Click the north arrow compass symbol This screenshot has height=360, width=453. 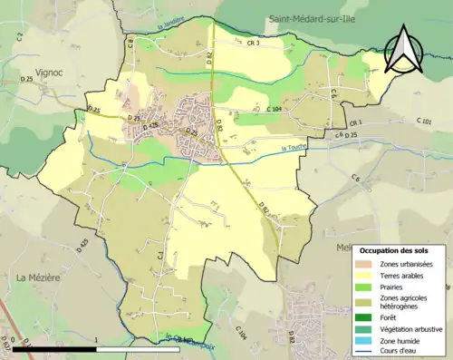(402, 50)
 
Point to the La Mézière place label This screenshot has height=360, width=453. (38, 277)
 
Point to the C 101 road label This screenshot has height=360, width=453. (424, 121)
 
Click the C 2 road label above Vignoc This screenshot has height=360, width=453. (19, 37)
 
